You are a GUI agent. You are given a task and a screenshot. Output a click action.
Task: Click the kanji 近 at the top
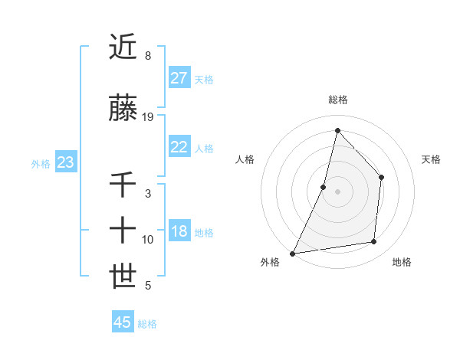coord(123,47)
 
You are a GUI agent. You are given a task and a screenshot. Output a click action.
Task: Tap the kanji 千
coord(123,185)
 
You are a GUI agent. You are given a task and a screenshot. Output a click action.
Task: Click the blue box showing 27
coord(179,78)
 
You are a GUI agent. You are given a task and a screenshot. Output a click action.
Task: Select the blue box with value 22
coord(179,147)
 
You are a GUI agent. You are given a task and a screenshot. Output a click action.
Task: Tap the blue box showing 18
coord(179,232)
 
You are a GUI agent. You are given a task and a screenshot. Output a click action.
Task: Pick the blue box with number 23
coord(65,162)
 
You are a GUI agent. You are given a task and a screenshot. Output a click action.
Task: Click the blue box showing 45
coord(123,322)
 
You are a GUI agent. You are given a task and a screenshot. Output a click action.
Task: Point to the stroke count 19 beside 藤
coord(148,117)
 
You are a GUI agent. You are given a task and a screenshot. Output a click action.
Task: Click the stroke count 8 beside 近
coord(148,56)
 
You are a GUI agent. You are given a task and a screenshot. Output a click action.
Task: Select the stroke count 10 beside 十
coord(148,240)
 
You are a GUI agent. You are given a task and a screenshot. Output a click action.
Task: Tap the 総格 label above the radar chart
coord(337,100)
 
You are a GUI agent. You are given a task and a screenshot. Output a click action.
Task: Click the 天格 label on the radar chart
coord(432,159)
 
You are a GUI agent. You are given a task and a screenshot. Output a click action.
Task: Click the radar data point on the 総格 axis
coord(337,130)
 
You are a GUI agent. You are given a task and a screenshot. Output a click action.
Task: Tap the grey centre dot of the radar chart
coord(337,191)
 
